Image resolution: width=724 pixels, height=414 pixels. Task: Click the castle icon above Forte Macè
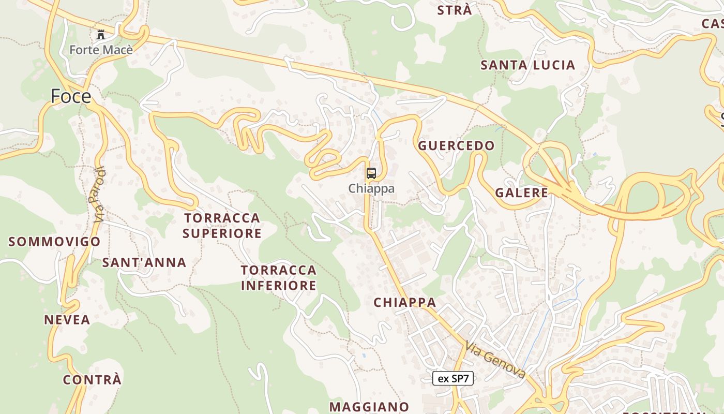tap(101, 35)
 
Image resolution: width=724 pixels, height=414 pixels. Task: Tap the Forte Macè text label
tap(101, 50)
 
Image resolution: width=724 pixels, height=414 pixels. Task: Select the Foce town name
tap(71, 96)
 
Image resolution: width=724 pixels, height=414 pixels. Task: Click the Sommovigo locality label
tap(54, 242)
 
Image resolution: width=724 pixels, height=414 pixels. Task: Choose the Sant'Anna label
tap(144, 262)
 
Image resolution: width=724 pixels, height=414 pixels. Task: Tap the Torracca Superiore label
tap(222, 226)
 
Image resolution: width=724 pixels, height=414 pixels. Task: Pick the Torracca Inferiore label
tap(279, 277)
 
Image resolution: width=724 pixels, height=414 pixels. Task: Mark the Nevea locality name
tap(67, 320)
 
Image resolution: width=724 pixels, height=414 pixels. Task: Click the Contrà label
tap(92, 380)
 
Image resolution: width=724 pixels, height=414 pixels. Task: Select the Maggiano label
tap(369, 407)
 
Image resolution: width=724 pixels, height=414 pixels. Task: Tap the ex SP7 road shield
tap(452, 378)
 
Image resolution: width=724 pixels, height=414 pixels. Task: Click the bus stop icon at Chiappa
tap(371, 173)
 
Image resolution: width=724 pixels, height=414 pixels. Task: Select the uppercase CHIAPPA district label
tap(405, 302)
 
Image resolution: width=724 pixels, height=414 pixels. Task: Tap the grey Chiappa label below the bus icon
tap(371, 188)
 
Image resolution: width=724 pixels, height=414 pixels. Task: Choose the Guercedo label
tap(456, 146)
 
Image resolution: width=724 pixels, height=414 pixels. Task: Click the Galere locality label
tap(521, 193)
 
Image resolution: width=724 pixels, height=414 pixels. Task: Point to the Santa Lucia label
tap(527, 65)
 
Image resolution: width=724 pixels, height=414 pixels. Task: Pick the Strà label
tap(455, 10)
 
